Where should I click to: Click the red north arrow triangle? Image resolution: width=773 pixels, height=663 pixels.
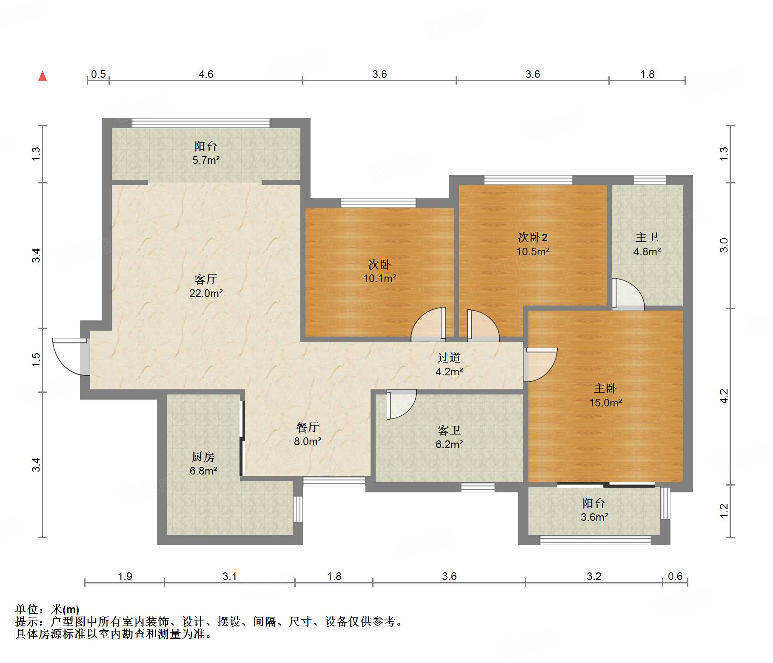pos(43,76)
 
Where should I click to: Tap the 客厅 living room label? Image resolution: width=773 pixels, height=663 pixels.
pos(206,279)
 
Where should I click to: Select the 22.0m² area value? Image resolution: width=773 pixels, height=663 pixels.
pos(206,293)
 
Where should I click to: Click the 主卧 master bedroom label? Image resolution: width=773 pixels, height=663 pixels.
pos(605,388)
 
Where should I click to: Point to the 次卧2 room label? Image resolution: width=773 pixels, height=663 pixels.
pos(533,237)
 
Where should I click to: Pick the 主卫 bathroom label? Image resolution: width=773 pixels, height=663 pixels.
pos(647,237)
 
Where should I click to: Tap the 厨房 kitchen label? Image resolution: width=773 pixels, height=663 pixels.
pos(203,457)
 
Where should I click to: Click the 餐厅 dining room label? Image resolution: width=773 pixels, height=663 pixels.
pos(308,427)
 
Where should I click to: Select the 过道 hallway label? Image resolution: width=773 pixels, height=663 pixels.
pos(449,357)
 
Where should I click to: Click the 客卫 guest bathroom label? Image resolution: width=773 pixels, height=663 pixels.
pos(449,430)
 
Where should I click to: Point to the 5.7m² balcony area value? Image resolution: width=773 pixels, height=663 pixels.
pos(206,160)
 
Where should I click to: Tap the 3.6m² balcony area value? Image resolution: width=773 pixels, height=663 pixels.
pos(594,517)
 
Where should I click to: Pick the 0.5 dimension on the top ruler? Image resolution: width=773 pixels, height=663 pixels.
pos(98,74)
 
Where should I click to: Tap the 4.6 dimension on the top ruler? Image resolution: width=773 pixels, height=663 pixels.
pos(206,74)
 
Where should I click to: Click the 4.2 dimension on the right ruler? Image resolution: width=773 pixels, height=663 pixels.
pos(724,397)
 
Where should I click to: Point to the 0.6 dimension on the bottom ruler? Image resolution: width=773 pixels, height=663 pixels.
pos(675,577)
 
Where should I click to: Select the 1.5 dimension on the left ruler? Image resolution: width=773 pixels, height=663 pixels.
pos(36,360)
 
